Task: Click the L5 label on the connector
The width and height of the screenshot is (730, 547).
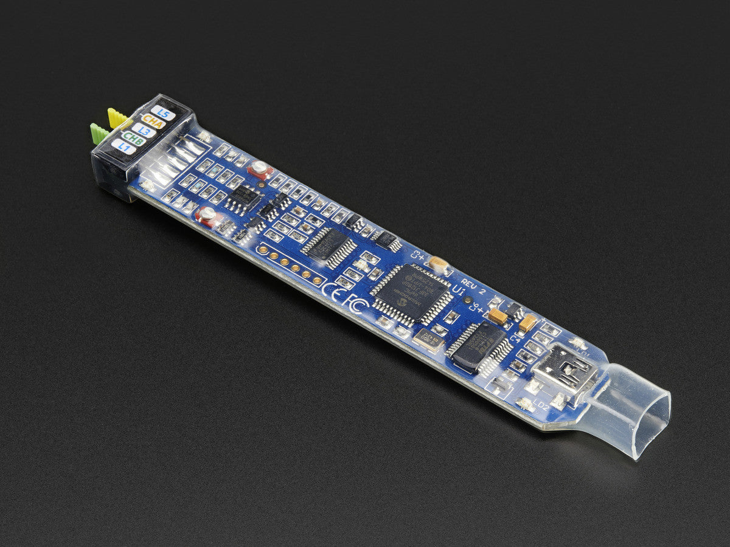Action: pyautogui.click(x=163, y=112)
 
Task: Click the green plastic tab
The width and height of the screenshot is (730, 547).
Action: pyautogui.click(x=99, y=133)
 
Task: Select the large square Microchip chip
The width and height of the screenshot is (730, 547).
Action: pyautogui.click(x=411, y=293)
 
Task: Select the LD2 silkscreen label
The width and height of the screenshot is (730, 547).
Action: pyautogui.click(x=540, y=405)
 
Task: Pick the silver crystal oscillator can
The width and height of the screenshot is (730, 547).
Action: pyautogui.click(x=428, y=342)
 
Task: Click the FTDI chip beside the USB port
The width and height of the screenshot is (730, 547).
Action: pyautogui.click(x=479, y=347)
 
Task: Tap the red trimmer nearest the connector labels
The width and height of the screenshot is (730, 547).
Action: pyautogui.click(x=260, y=169)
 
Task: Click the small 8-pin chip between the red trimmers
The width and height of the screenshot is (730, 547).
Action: pyautogui.click(x=244, y=196)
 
